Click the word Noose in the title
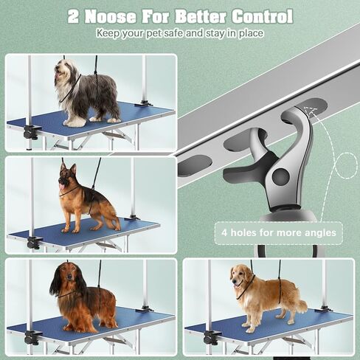tap(119, 16)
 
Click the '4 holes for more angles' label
tap(278, 233)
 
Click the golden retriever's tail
tap(300, 304)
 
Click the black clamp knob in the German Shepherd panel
tap(31, 240)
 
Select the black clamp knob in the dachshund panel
tap(31, 338)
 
